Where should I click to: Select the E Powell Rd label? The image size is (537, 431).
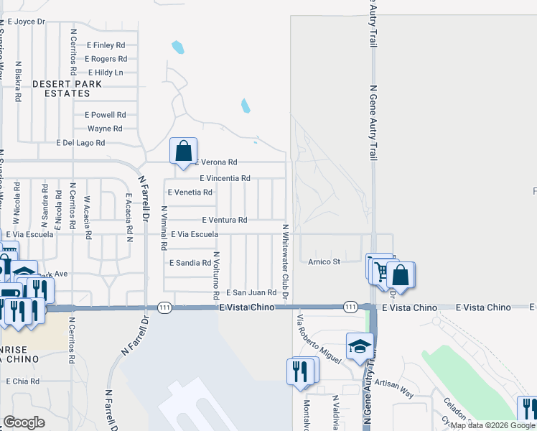(x=105, y=115)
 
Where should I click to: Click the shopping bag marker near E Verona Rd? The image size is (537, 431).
(x=183, y=152)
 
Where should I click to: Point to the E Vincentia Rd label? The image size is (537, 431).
(x=225, y=178)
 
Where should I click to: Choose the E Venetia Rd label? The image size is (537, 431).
(x=190, y=193)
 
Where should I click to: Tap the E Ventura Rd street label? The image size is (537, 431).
(x=224, y=220)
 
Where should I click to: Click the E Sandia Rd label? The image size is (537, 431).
(x=190, y=264)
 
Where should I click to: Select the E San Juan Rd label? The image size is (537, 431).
(x=251, y=293)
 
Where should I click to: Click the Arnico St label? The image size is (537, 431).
(x=324, y=261)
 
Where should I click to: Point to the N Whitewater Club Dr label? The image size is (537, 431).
(x=285, y=261)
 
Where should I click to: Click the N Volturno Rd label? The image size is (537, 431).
(x=215, y=275)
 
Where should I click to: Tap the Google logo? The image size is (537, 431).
(x=24, y=422)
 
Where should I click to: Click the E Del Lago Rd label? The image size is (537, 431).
(x=80, y=143)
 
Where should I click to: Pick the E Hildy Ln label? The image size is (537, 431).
(x=106, y=73)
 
